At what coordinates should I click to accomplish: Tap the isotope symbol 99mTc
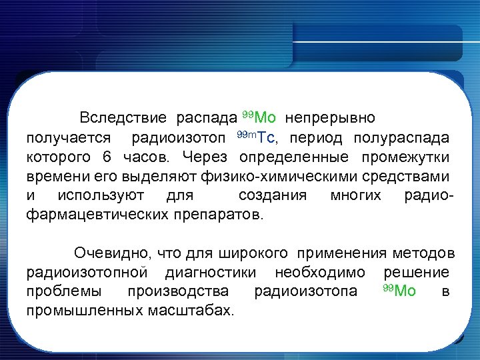pos(256,138)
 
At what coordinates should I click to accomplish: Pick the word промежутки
pos(406,157)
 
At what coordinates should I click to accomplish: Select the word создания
pos(272,196)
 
